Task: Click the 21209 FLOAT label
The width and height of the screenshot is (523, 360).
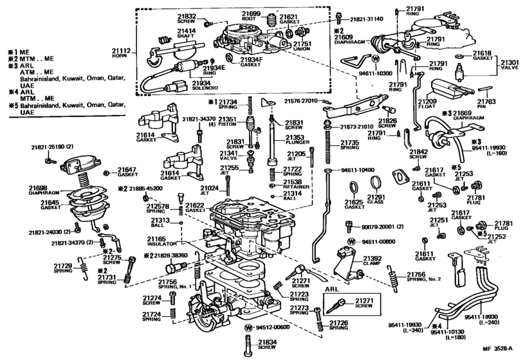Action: (x=427, y=104)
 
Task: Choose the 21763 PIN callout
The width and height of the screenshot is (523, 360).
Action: (x=487, y=104)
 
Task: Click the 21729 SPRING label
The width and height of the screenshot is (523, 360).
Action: (x=63, y=267)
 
